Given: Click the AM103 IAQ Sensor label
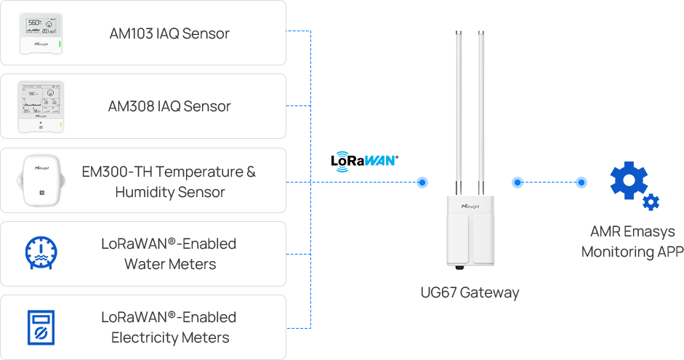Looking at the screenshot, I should click(169, 33).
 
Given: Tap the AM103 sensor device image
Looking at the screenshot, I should click(41, 34).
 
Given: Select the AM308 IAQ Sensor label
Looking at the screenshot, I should click(169, 106).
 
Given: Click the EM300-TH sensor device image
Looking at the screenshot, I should click(41, 181).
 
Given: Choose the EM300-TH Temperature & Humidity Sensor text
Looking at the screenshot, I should click(169, 182).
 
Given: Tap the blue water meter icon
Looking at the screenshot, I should click(41, 253).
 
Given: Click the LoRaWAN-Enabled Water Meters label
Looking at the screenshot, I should click(169, 253).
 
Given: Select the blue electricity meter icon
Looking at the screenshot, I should click(41, 327).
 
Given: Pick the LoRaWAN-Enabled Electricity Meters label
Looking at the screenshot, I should click(169, 327).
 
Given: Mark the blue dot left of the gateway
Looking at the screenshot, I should click(422, 183).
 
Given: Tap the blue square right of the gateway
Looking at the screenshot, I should click(517, 183).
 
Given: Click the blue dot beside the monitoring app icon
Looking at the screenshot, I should click(581, 183).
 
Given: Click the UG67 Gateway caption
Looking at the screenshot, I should click(470, 294).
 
